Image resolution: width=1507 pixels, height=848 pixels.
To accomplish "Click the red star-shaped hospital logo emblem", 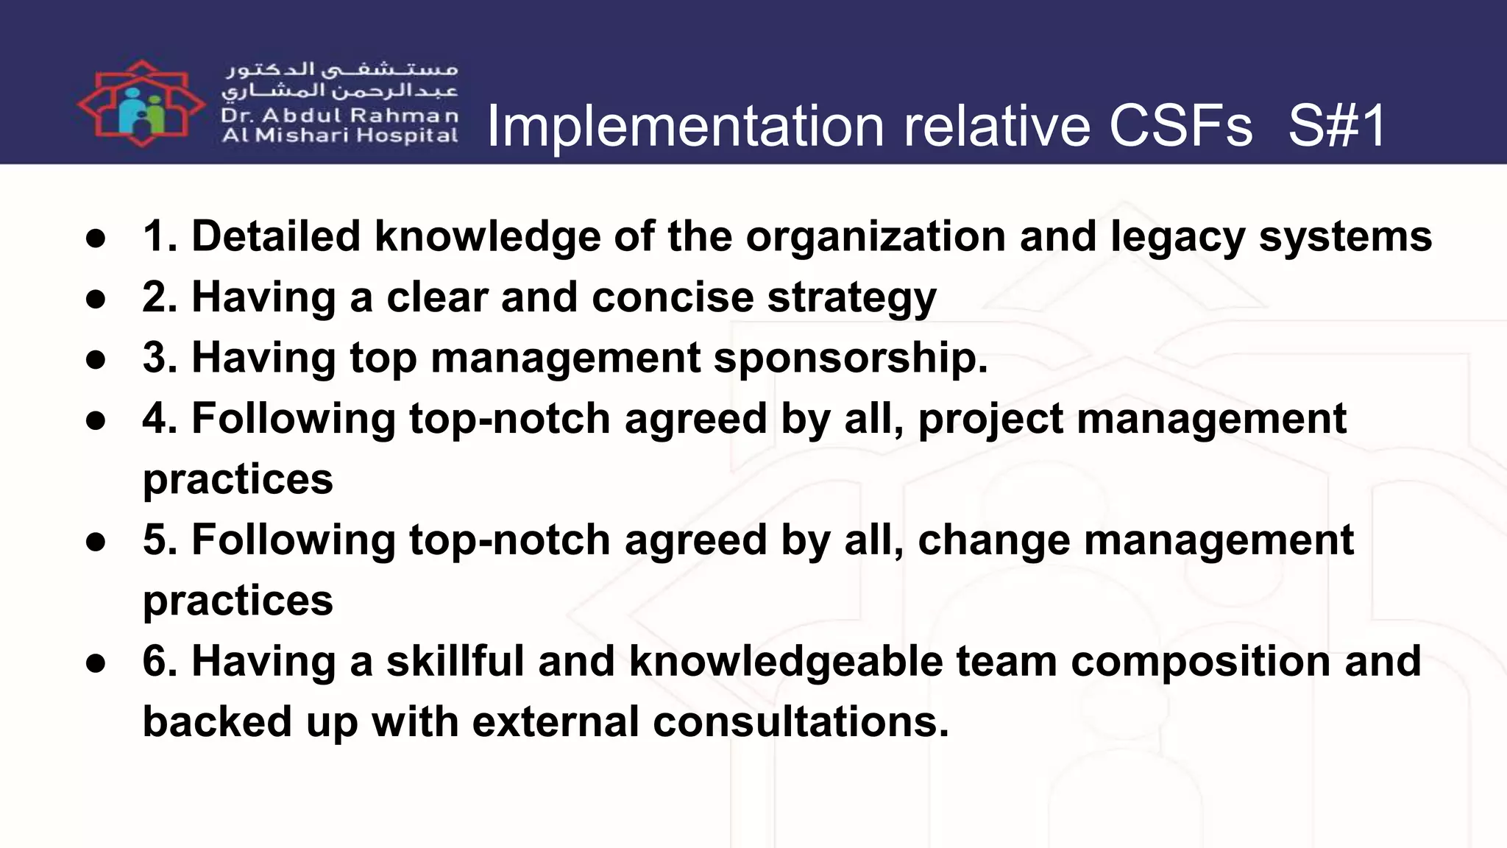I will click(x=141, y=104).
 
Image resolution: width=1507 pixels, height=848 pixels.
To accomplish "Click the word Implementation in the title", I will click(x=685, y=126).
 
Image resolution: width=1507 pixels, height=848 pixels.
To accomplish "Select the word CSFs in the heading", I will click(x=1180, y=126).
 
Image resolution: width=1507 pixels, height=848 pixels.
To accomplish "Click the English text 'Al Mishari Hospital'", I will click(x=340, y=135).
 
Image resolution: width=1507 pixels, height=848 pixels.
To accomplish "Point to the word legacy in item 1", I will click(x=1177, y=238).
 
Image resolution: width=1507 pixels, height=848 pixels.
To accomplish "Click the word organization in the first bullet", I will click(x=875, y=238).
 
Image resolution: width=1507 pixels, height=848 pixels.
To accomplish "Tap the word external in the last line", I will click(x=555, y=721).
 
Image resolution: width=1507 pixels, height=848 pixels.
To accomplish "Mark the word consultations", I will click(x=801, y=721).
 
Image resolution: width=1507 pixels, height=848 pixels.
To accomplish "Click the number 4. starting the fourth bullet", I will click(x=160, y=419).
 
